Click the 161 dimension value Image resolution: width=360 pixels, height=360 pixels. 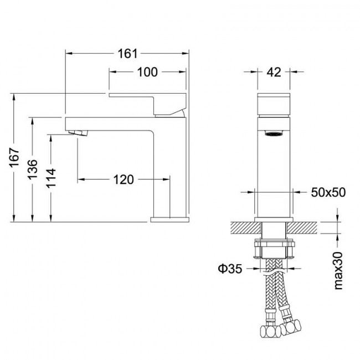tap(127, 54)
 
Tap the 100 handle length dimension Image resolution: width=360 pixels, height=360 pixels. tap(147, 72)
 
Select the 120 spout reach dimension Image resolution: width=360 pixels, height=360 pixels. tap(124, 179)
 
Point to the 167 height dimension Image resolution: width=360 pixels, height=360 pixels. tap(14, 157)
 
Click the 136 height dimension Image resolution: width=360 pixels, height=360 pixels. tap(32, 169)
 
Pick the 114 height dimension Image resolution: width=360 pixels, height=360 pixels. tap(51, 178)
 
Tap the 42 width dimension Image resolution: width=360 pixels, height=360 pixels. tap(274, 73)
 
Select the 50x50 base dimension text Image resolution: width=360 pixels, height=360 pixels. tap(328, 192)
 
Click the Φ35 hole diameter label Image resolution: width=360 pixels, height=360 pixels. tap(230, 269)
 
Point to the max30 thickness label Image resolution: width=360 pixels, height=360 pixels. tap(338, 271)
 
